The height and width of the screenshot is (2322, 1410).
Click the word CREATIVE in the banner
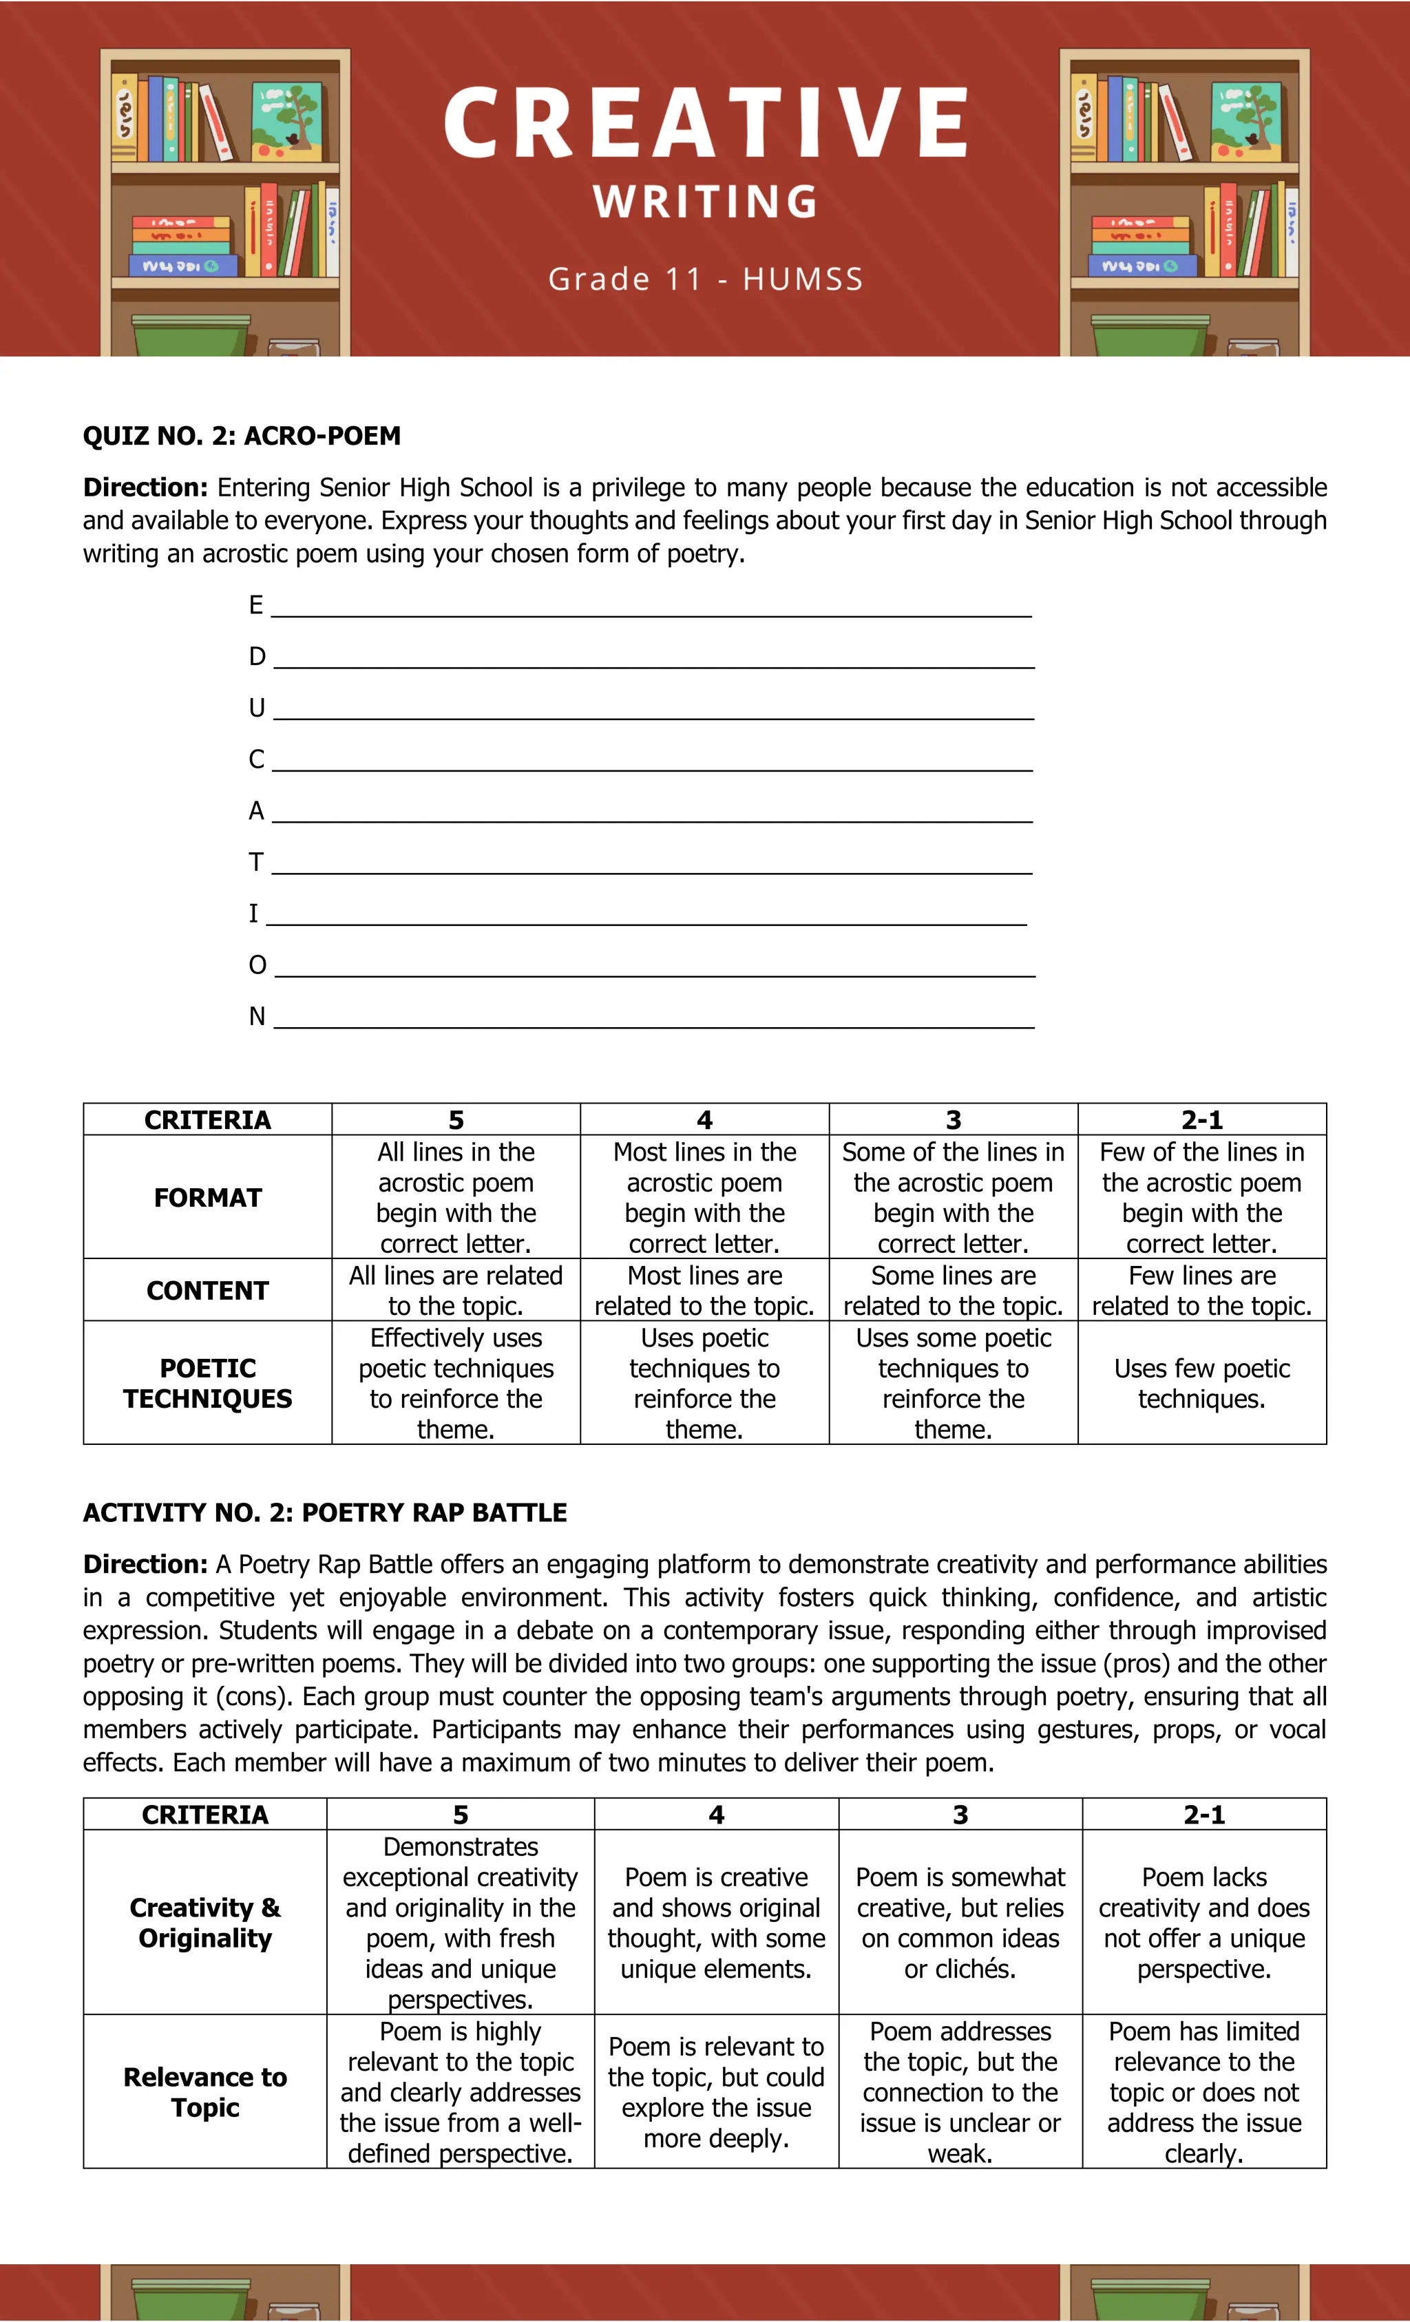pos(705,123)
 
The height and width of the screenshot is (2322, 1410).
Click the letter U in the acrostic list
pos(256,708)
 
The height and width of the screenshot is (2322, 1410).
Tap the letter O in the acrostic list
pos(257,965)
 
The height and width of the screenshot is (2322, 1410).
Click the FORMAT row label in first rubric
pos(207,1198)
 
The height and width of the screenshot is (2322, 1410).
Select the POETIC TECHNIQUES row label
pos(207,1384)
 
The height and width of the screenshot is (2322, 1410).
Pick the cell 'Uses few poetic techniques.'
pos(1201,1384)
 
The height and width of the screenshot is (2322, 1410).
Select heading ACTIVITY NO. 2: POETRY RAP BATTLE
pos(324,1512)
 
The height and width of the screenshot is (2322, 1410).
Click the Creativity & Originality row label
pos(204,1923)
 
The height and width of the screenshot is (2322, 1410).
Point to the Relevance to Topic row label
pos(204,2092)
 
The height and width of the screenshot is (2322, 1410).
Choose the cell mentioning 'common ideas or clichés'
pos(960,1923)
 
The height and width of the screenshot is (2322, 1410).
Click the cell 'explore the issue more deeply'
pos(715,2092)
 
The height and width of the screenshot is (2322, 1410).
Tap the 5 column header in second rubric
pos(460,1815)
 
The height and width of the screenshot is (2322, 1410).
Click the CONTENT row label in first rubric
pos(207,1290)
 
